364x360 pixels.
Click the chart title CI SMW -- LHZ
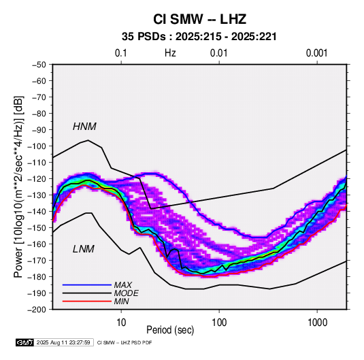[199, 19]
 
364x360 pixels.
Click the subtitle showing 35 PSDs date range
[199, 37]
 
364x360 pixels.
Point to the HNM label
[84, 127]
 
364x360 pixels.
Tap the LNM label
[84, 249]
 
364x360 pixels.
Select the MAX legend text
[123, 284]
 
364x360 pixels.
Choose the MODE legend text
[127, 293]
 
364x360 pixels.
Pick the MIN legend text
[121, 301]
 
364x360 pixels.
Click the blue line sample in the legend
[87, 284]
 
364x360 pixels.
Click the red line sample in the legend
[87, 301]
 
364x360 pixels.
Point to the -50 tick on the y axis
[39, 65]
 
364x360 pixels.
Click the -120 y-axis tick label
[37, 179]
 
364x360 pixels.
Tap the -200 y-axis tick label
[37, 310]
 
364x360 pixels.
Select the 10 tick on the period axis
[121, 323]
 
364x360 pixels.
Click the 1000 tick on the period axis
[317, 323]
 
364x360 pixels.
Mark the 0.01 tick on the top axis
[219, 53]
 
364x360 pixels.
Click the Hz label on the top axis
[170, 53]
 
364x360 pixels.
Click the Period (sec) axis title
[170, 330]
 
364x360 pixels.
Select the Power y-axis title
[18, 187]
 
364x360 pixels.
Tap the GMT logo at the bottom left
[25, 342]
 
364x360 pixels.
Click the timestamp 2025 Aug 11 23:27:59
[63, 342]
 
